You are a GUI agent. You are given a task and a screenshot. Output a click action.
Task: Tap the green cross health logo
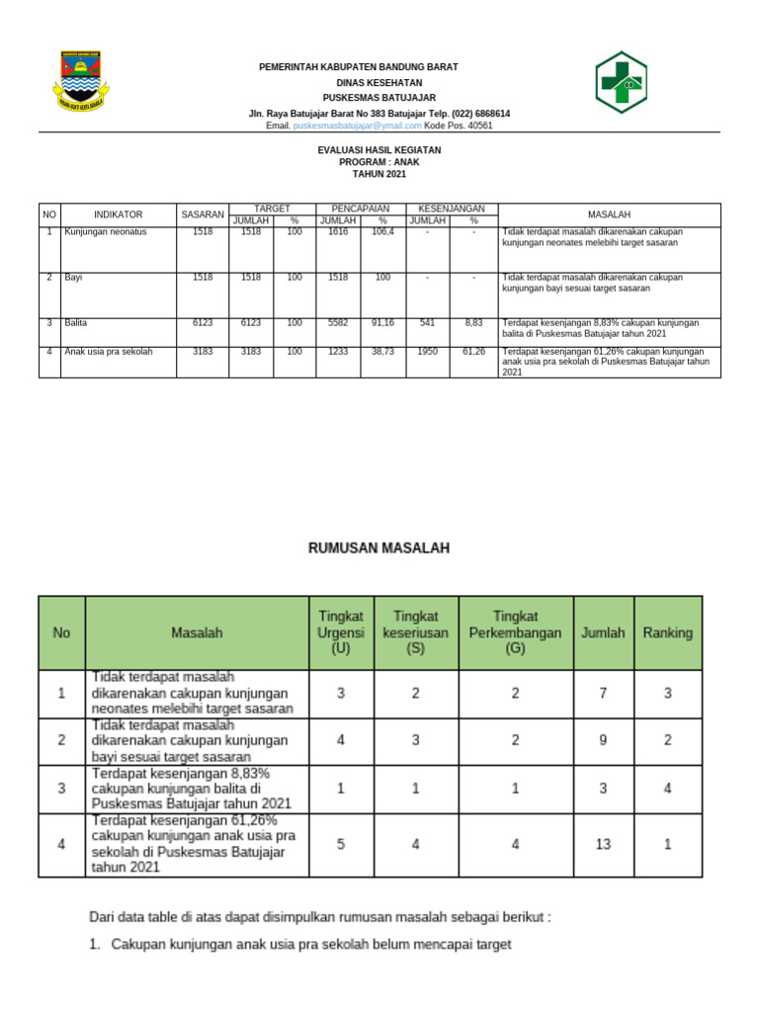pyautogui.click(x=620, y=82)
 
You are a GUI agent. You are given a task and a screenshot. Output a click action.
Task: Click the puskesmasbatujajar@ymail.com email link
pyautogui.click(x=358, y=126)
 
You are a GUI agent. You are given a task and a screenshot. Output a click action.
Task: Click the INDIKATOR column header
pyautogui.click(x=119, y=214)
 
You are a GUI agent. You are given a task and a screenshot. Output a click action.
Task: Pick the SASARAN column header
pyautogui.click(x=203, y=214)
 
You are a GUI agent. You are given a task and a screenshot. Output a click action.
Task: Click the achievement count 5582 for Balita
pyautogui.click(x=338, y=323)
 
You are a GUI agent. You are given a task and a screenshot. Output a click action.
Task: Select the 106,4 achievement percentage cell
pyautogui.click(x=382, y=232)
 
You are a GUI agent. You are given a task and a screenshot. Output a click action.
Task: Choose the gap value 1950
pyautogui.click(x=427, y=351)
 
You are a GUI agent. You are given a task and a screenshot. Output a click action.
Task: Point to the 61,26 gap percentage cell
pyautogui.click(x=473, y=351)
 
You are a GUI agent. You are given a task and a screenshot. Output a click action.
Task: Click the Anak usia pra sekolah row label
pyautogui.click(x=109, y=351)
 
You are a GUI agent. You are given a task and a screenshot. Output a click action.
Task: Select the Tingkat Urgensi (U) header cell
pyautogui.click(x=341, y=632)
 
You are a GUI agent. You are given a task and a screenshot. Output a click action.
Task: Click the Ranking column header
pyautogui.click(x=668, y=632)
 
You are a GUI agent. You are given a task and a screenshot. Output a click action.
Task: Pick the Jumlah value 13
pyautogui.click(x=603, y=844)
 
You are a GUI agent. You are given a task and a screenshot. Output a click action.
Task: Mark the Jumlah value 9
pyautogui.click(x=603, y=739)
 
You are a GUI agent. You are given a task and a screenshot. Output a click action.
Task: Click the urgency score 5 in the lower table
pyautogui.click(x=341, y=844)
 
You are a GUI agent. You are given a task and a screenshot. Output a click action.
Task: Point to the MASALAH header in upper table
pyautogui.click(x=609, y=214)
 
